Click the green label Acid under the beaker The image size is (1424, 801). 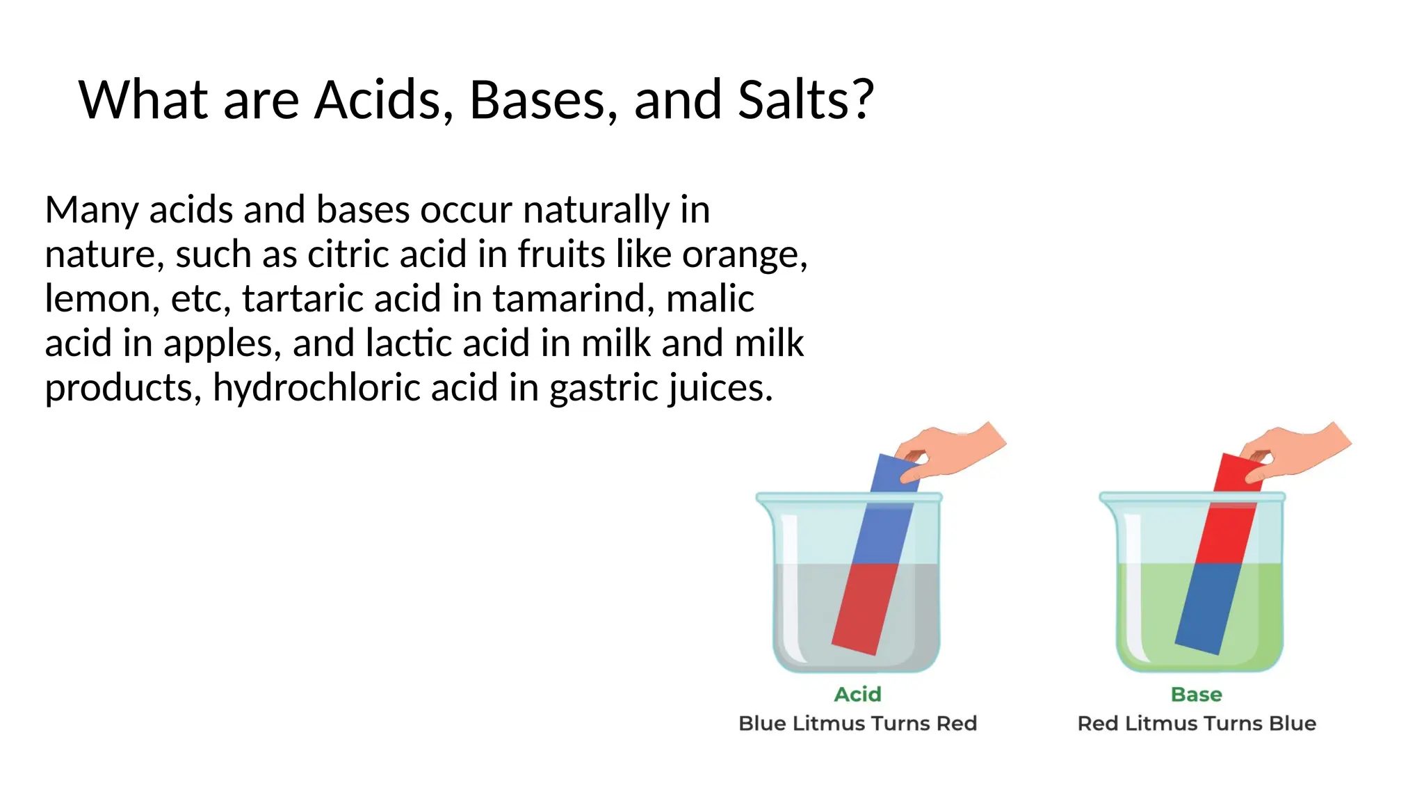857,694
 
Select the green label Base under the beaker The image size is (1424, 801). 1196,694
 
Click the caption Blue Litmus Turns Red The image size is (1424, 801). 857,723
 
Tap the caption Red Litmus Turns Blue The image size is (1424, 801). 1196,723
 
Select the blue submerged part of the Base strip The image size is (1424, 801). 1207,608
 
